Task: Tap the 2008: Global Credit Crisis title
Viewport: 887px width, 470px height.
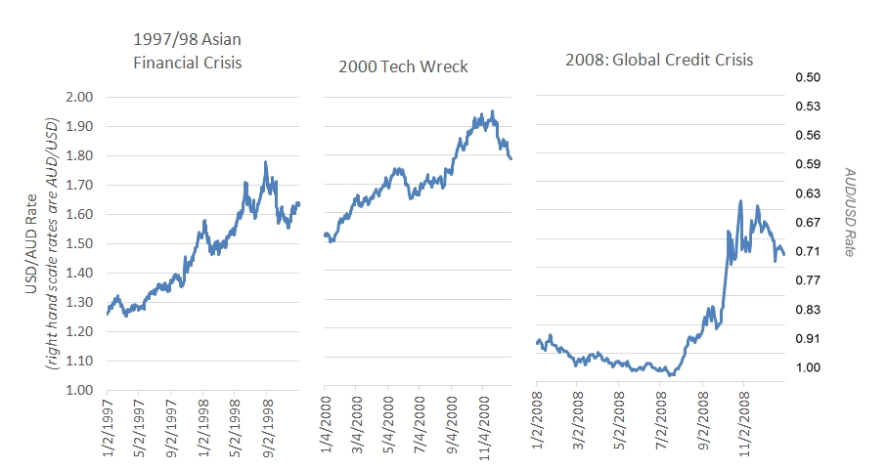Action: pos(659,60)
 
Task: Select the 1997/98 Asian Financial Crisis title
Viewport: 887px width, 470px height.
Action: pos(187,53)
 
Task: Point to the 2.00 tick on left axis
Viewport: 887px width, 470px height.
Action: pos(78,97)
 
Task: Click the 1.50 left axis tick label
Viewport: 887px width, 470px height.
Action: pos(78,243)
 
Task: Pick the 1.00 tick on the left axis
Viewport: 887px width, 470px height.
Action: pos(78,390)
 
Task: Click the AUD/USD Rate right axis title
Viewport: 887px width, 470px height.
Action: pos(850,211)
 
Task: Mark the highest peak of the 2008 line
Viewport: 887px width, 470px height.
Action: pos(741,201)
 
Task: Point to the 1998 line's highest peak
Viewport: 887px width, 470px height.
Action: pos(265,162)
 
